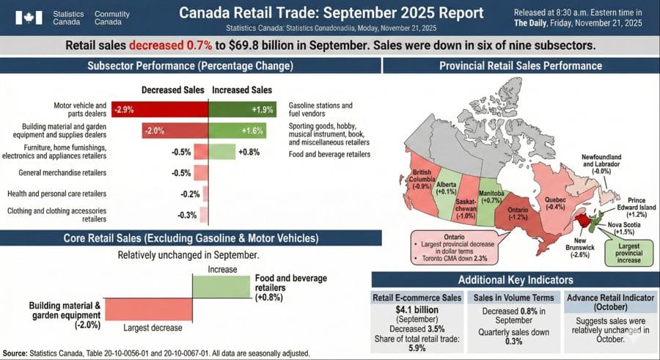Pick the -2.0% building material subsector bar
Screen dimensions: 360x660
[175, 131]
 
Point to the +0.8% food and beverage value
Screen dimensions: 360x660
[248, 153]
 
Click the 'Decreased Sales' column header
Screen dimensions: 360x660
[173, 90]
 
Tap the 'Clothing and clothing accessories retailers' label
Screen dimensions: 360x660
[57, 215]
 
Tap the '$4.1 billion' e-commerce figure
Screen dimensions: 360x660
[417, 309]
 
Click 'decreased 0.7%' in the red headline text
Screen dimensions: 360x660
[165, 45]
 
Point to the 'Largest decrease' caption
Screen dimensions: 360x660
[153, 328]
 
